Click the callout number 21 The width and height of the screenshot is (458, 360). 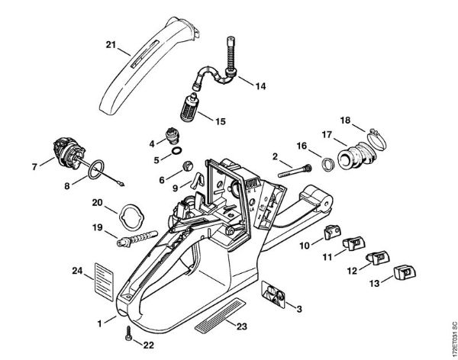tap(111, 47)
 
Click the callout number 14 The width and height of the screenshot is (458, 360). tap(260, 86)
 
